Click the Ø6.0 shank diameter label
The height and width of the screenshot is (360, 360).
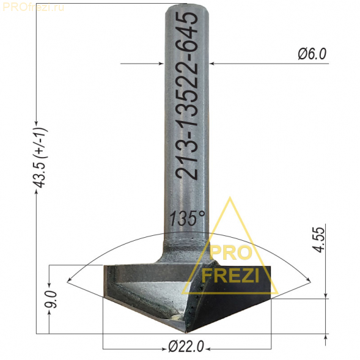pyautogui.click(x=312, y=54)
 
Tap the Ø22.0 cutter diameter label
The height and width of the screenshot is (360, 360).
pyautogui.click(x=186, y=346)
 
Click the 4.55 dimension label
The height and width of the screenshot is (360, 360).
pyautogui.click(x=320, y=240)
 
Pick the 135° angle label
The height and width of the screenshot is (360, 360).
pyautogui.click(x=187, y=218)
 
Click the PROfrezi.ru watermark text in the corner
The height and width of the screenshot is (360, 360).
pyautogui.click(x=33, y=7)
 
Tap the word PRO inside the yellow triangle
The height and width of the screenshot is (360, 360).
pyautogui.click(x=230, y=253)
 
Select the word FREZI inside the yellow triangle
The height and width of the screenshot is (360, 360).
pyautogui.click(x=230, y=275)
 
